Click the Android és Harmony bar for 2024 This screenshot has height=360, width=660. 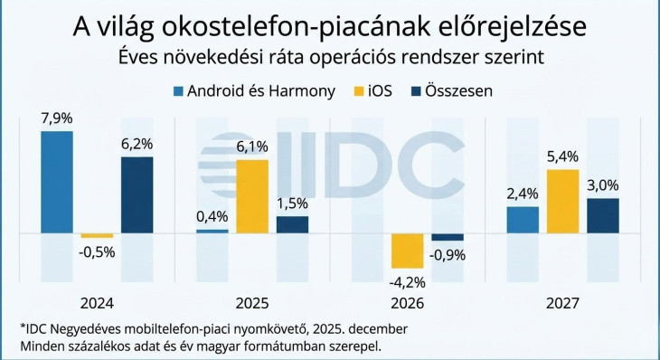tap(57, 182)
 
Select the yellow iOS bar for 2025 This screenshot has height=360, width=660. tap(251, 196)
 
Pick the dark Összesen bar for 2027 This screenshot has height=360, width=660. tap(602, 216)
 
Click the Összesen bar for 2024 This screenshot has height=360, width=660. tap(137, 194)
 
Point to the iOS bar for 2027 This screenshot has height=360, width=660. tap(562, 202)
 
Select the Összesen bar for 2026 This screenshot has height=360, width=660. tap(447, 237)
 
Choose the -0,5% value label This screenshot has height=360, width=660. tap(96, 251)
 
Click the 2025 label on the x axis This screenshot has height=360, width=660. tap(251, 303)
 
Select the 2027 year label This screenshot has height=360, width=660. tap(562, 303)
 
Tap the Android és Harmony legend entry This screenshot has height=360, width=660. tap(254, 90)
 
